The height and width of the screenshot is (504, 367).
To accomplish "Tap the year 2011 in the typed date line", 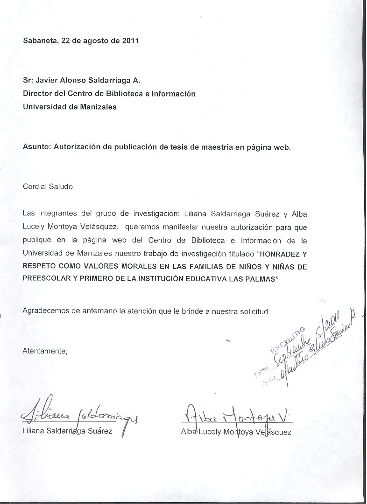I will click(x=130, y=40).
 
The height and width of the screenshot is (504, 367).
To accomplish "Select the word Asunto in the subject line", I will click(x=36, y=147).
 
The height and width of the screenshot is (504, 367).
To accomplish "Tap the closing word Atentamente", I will click(x=45, y=351).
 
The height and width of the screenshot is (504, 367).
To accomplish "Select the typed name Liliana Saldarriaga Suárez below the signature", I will click(x=67, y=431).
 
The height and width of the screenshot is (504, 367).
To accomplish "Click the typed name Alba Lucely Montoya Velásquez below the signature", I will click(x=236, y=432).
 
